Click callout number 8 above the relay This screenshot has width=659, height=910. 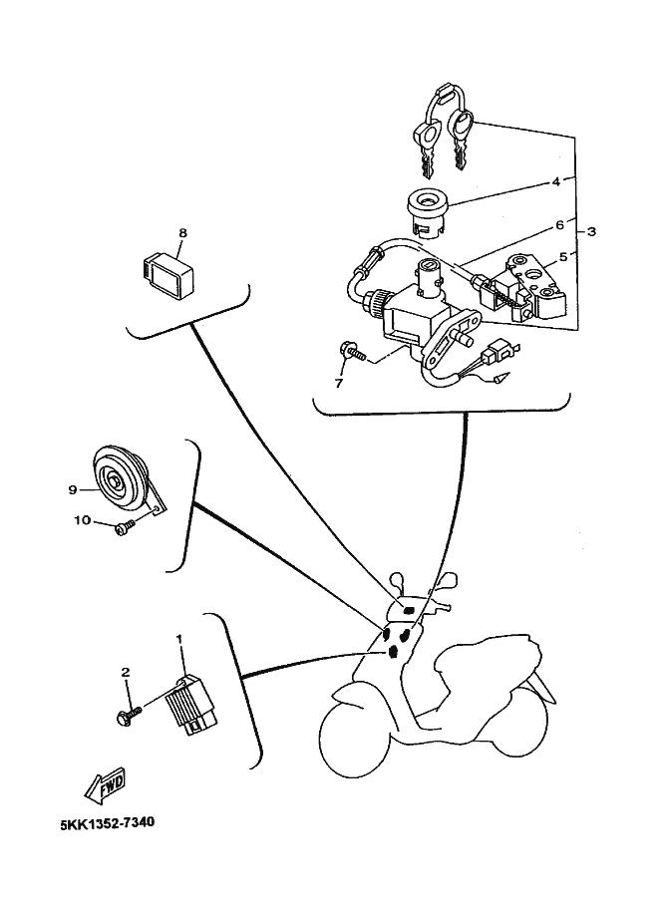point(182,233)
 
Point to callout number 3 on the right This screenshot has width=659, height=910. point(592,231)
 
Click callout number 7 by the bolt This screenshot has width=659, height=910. point(338,383)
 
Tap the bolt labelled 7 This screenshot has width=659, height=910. point(352,352)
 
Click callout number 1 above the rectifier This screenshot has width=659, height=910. point(179,637)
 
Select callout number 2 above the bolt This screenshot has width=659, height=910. point(126,673)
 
